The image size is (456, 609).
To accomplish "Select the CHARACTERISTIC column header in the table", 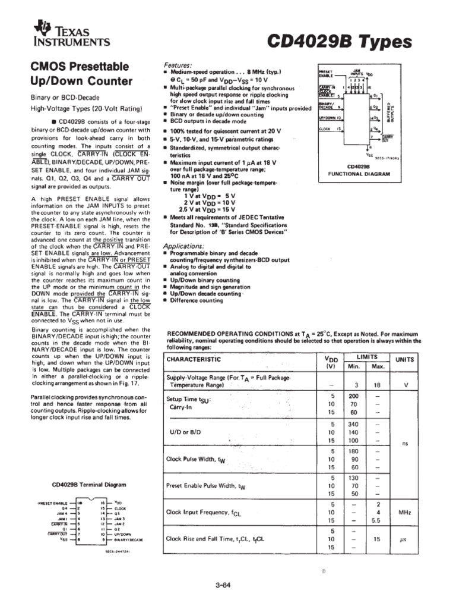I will pos(194,359).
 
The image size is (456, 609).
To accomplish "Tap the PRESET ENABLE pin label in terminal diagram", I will pos(53,503).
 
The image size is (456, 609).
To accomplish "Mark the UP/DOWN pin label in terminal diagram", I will pos(123,534).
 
